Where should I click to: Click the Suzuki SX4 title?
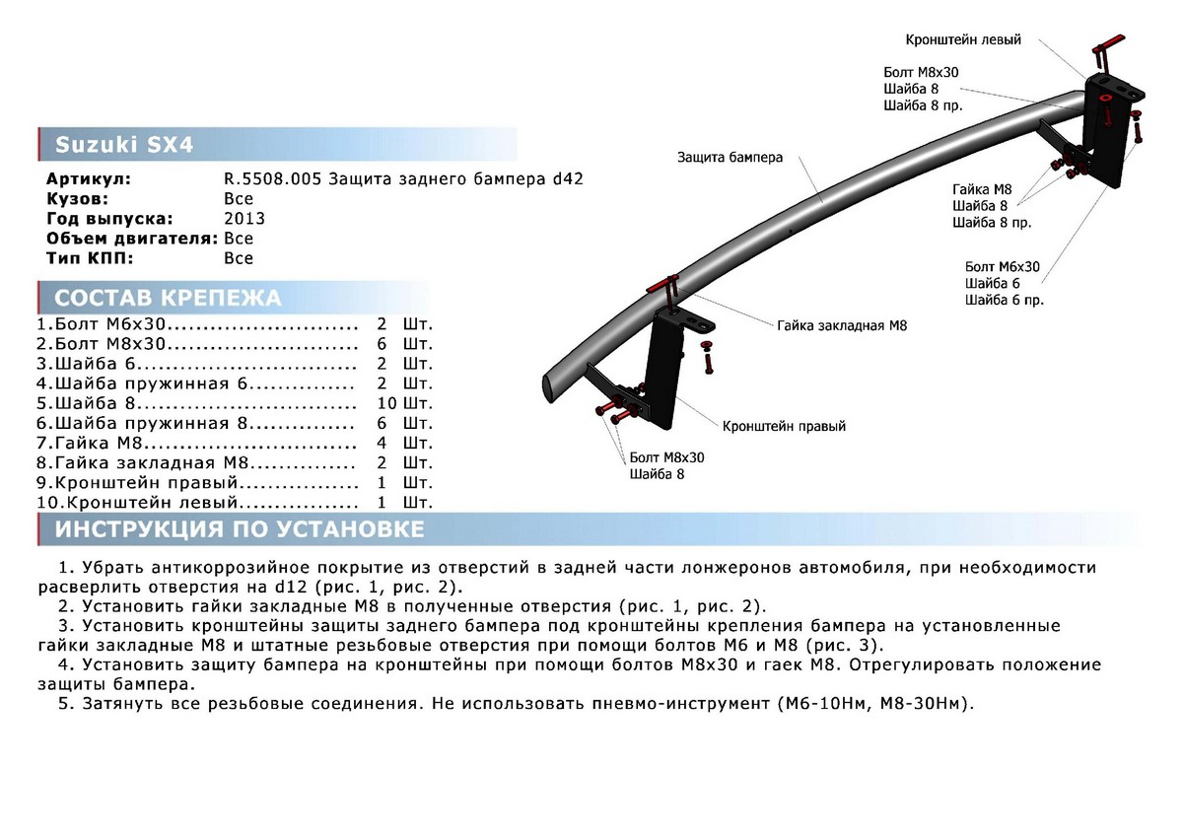pos(123,145)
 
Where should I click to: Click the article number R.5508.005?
pos(273,179)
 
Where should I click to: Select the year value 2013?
pos(244,219)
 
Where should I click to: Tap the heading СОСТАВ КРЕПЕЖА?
pos(168,299)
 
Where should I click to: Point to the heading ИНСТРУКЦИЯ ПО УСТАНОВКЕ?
pos(240,529)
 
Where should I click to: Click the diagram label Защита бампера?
pos(730,158)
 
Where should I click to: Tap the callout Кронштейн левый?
pos(963,40)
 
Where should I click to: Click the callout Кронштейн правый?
pos(784,427)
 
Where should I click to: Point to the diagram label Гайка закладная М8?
pos(841,324)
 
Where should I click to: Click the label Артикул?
pos(89,179)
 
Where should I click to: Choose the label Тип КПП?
pos(90,258)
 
